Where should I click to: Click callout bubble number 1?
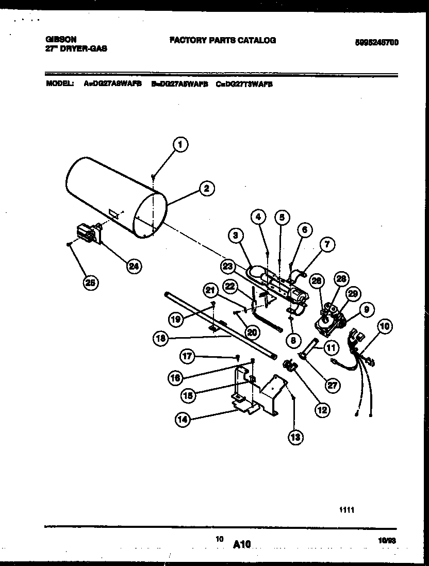[179, 145]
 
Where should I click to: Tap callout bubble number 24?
[134, 266]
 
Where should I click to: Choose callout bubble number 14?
[183, 420]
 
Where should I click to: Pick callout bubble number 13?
[295, 437]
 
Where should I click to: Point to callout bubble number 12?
[322, 410]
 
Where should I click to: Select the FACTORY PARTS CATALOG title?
[222, 40]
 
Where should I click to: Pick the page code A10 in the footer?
[241, 543]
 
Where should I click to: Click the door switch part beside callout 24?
[88, 235]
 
